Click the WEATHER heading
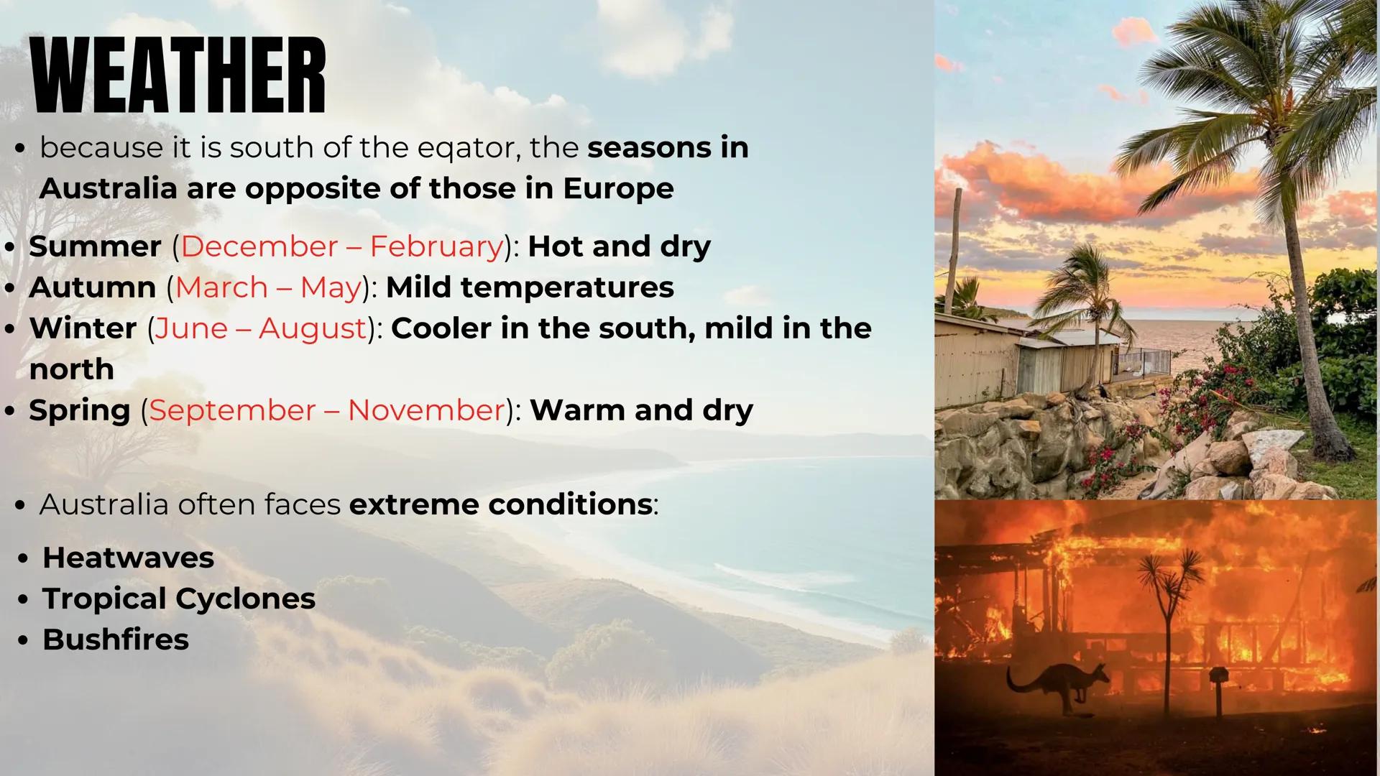pyautogui.click(x=179, y=76)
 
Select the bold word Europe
pyautogui.click(x=618, y=189)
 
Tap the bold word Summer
pyautogui.click(x=95, y=246)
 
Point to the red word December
pyautogui.click(x=259, y=246)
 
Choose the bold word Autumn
pyautogui.click(x=93, y=287)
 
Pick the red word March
pyautogui.click(x=221, y=287)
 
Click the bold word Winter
pyautogui.click(x=83, y=328)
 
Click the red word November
pyautogui.click(x=426, y=410)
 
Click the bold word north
pyautogui.click(x=72, y=369)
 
